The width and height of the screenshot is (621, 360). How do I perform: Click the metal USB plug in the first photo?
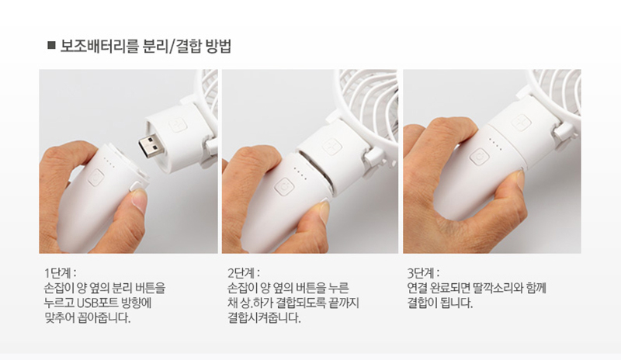(x=151, y=145)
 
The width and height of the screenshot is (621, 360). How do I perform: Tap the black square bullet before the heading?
(x=51, y=45)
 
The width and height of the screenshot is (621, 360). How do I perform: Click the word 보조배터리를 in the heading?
(x=99, y=46)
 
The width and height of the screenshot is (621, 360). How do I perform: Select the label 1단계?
(x=59, y=273)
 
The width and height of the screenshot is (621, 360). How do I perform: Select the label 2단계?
(x=243, y=273)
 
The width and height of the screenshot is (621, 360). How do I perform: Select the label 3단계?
(x=423, y=273)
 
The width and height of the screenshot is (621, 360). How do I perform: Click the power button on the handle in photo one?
(x=95, y=178)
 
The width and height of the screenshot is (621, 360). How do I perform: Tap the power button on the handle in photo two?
(x=284, y=186)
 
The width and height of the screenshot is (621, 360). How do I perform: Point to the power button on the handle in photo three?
(x=479, y=157)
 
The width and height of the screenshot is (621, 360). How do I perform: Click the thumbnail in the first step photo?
(x=139, y=200)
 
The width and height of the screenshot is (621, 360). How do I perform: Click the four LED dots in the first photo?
(x=109, y=163)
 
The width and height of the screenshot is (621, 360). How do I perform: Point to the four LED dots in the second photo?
(x=300, y=174)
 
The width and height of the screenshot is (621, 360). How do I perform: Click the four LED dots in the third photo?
(x=495, y=144)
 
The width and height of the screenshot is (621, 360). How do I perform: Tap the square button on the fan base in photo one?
(x=178, y=125)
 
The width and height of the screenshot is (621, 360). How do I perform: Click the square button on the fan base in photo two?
(x=332, y=147)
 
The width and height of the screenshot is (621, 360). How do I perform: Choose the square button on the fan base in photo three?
(x=521, y=123)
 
